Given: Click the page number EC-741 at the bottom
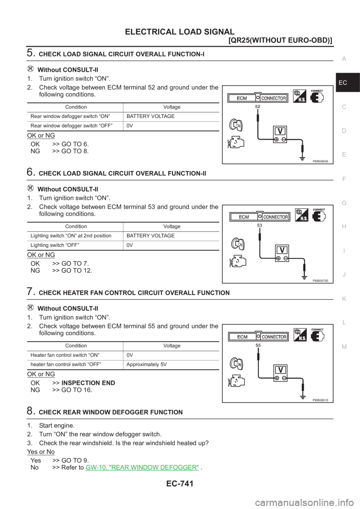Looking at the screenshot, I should coord(180,484).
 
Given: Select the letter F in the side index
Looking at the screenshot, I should coord(344,179).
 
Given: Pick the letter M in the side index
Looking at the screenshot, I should coord(344,346).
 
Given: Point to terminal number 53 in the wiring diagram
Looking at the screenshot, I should coord(259,225).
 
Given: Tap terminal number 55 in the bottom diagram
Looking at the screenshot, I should coord(258,345).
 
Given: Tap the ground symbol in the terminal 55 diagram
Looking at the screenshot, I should coord(303,394).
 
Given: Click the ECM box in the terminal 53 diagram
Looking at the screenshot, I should coord(244,217).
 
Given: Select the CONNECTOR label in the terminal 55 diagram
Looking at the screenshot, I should coord(274,337).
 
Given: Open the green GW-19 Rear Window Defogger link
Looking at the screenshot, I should coord(142,467).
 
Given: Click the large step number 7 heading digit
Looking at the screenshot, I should coord(31,292).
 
